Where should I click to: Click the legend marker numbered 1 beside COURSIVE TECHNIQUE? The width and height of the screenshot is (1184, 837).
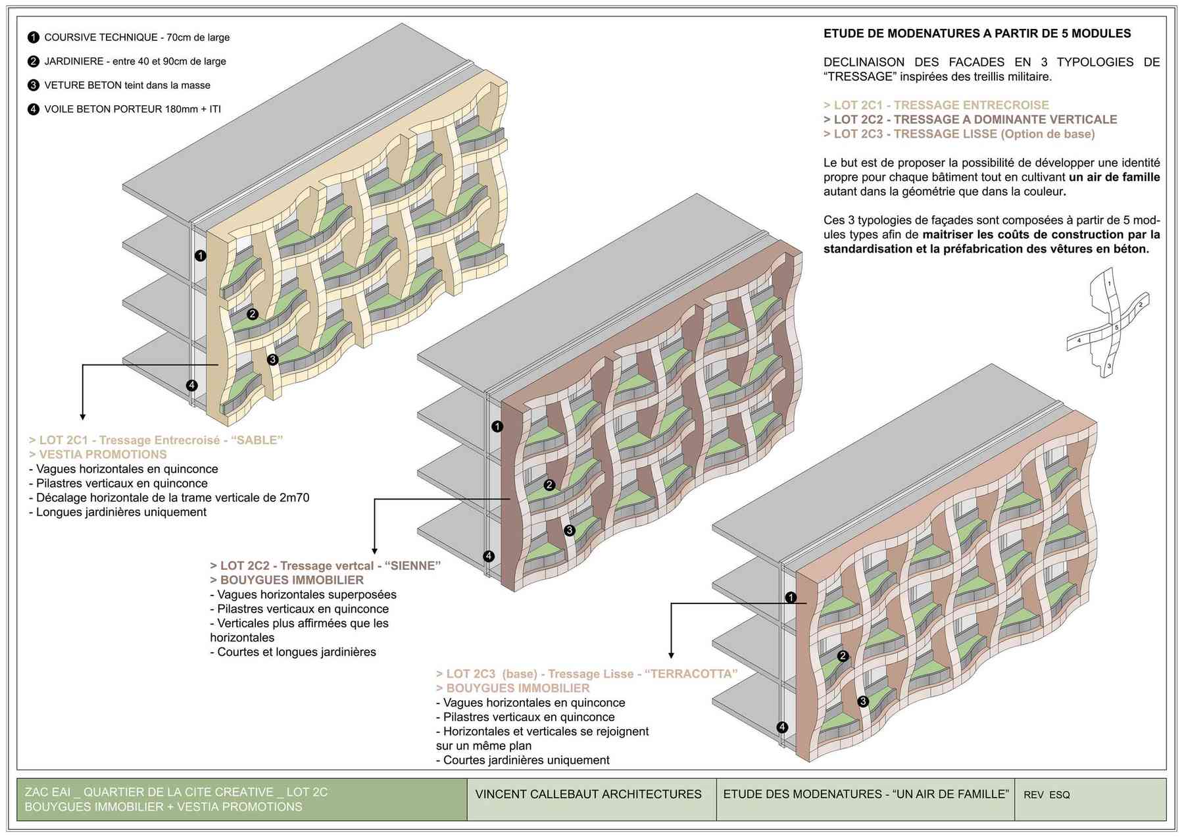(x=34, y=38)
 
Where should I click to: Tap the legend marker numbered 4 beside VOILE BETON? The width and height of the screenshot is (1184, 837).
(x=34, y=109)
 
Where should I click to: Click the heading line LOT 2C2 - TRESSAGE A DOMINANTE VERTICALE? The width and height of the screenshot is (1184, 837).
(x=970, y=120)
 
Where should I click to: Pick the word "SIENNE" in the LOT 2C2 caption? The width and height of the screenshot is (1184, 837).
(x=412, y=566)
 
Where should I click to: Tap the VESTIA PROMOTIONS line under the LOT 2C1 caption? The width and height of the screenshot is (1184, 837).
(x=98, y=455)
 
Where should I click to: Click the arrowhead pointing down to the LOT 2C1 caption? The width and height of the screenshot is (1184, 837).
(x=82, y=416)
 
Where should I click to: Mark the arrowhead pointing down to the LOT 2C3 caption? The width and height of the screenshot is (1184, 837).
(x=671, y=655)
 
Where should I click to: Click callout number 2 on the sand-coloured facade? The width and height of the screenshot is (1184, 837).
(x=252, y=315)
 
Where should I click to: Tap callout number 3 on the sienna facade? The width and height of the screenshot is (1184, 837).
(x=570, y=530)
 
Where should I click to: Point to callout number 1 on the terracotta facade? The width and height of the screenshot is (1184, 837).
(x=791, y=597)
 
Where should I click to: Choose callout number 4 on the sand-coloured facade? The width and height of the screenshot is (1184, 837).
(x=191, y=386)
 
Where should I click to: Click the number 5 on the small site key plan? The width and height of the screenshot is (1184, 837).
(x=1116, y=328)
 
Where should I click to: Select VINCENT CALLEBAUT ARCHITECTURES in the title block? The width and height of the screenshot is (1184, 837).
(x=588, y=794)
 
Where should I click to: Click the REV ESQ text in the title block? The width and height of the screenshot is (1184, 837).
(x=1047, y=795)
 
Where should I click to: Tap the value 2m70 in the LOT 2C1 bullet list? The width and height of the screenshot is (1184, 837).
(x=293, y=498)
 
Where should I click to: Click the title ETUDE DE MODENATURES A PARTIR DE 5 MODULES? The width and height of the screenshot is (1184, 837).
(x=977, y=34)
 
